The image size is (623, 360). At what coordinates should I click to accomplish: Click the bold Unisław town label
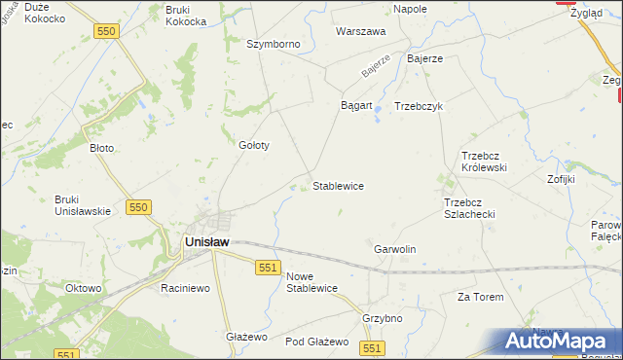(x=206, y=243)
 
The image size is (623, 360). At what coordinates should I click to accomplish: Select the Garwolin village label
(x=395, y=249)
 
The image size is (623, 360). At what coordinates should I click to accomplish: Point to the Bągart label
(x=356, y=105)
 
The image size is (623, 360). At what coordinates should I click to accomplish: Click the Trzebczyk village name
(x=419, y=106)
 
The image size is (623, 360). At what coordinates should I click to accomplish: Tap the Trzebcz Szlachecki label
(x=469, y=208)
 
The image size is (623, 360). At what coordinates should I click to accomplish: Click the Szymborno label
(x=274, y=45)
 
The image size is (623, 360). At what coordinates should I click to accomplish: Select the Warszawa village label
(x=361, y=31)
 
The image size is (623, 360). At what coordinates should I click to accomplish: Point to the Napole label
(x=410, y=9)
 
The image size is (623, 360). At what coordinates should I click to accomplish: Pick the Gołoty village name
(x=253, y=145)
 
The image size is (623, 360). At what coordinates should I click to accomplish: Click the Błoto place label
(x=102, y=148)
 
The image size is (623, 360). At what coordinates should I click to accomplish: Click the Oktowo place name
(x=84, y=288)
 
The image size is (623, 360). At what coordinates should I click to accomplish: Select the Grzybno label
(x=382, y=317)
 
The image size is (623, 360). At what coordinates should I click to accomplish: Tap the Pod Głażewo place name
(x=316, y=342)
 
